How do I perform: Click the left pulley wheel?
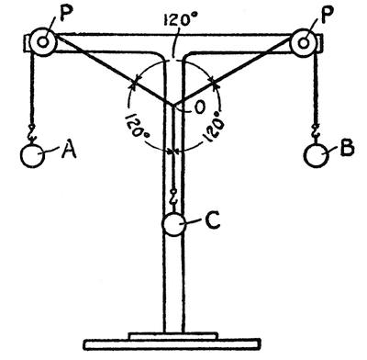pyautogui.click(x=43, y=42)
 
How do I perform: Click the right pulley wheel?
pyautogui.click(x=304, y=43)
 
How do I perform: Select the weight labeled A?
pyautogui.click(x=32, y=155)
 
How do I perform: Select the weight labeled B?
pyautogui.click(x=317, y=155)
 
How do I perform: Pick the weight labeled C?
pyautogui.click(x=173, y=224)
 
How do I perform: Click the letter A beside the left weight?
pyautogui.click(x=69, y=151)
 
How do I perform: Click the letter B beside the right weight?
pyautogui.click(x=347, y=148)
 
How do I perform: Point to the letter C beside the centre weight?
pyautogui.click(x=213, y=220)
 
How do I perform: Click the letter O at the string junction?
pyautogui.click(x=199, y=107)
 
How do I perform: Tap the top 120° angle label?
pyautogui.click(x=180, y=20)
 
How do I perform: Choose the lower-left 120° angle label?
pyautogui.click(x=138, y=129)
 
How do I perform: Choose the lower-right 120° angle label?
pyautogui.click(x=212, y=129)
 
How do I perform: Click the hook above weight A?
pyautogui.click(x=32, y=134)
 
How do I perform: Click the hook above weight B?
pyautogui.click(x=316, y=134)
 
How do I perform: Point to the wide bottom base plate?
pyautogui.click(x=172, y=344)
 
